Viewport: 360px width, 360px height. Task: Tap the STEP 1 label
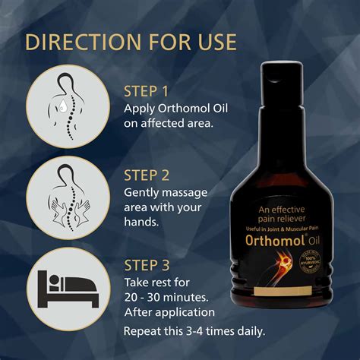tap(147, 91)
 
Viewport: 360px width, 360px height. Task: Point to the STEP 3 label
tap(147, 264)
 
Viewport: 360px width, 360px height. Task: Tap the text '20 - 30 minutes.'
tap(166, 297)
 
